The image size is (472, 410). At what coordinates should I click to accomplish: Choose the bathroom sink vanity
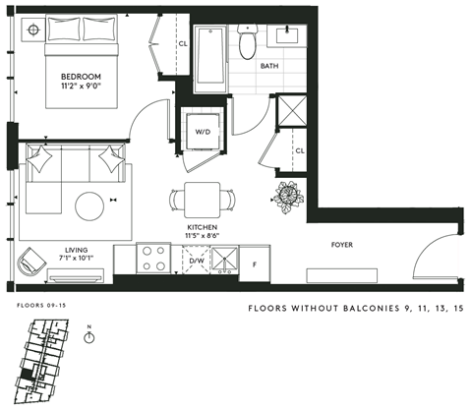pyautogui.click(x=293, y=39)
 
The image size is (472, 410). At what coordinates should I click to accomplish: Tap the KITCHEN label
pyautogui.click(x=202, y=227)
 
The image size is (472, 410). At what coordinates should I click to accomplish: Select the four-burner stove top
pyautogui.click(x=155, y=259)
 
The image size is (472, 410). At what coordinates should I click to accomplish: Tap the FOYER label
pyautogui.click(x=342, y=245)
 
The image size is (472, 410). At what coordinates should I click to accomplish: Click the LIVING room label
pyautogui.click(x=76, y=250)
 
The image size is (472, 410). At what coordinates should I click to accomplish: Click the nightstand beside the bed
pyautogui.click(x=34, y=29)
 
